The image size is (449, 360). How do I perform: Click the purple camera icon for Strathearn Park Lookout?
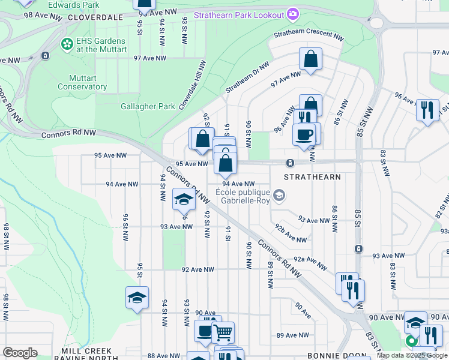coord(292,13)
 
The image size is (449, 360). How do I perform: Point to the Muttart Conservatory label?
coord(82,82)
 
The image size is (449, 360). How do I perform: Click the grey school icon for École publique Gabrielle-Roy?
coord(279,195)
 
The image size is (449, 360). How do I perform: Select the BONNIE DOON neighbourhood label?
coord(333,355)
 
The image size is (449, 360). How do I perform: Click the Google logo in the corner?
coord(20,353)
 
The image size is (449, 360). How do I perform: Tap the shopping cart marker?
coord(223,331)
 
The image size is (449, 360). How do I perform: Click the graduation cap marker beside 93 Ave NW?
coord(184,199)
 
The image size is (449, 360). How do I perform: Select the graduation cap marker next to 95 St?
coord(137,297)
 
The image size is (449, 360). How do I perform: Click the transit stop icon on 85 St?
coord(358,248)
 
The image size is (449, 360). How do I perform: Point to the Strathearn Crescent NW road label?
coord(309,35)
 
